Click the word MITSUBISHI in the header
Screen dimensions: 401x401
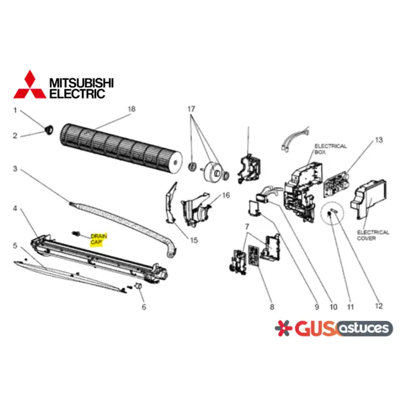click(x=81, y=83)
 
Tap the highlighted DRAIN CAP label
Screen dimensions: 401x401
click(x=98, y=239)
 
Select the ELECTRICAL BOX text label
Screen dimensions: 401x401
click(x=330, y=149)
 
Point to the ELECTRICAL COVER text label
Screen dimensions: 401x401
click(x=373, y=235)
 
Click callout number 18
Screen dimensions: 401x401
click(x=131, y=109)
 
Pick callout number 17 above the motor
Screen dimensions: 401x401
click(x=191, y=109)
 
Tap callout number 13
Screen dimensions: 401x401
click(x=379, y=140)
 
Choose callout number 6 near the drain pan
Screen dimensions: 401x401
click(x=144, y=307)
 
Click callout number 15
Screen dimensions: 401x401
click(x=193, y=240)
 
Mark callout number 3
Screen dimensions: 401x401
click(x=15, y=169)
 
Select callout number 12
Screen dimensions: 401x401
click(x=379, y=306)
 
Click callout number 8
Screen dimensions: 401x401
click(x=272, y=307)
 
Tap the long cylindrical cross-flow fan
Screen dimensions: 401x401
click(x=121, y=148)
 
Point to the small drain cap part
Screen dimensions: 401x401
click(x=76, y=233)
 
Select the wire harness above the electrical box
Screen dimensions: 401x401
click(x=295, y=138)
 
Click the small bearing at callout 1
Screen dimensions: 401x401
click(x=49, y=129)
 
